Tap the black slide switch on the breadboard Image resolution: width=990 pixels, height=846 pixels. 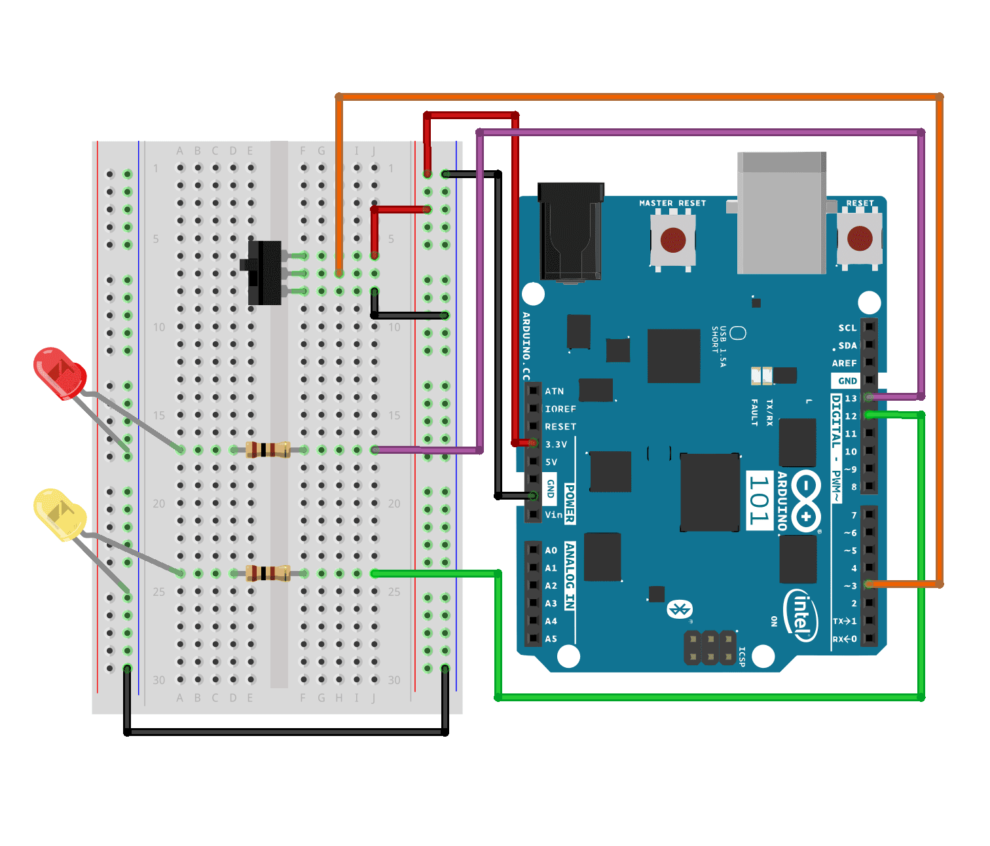[x=264, y=272]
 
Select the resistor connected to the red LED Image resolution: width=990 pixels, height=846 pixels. [x=268, y=450]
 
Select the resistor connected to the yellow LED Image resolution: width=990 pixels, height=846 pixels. [x=268, y=574]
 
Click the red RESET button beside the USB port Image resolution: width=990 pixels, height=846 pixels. [x=859, y=239]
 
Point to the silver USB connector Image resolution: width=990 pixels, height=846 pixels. [x=782, y=213]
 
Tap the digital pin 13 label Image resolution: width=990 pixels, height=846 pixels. [x=851, y=398]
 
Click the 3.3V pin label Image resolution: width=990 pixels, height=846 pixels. [x=556, y=445]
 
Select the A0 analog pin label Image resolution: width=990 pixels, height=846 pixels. [x=551, y=551]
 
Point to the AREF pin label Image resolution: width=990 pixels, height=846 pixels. [x=845, y=363]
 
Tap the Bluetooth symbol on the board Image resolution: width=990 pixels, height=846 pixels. [x=679, y=610]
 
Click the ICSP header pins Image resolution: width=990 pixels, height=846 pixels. [x=710, y=647]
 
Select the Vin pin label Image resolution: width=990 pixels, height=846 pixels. [x=553, y=515]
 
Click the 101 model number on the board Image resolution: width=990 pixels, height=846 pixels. [x=759, y=500]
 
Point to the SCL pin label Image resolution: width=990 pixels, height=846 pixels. [x=847, y=328]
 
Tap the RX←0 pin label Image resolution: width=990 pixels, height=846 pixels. [x=845, y=639]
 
